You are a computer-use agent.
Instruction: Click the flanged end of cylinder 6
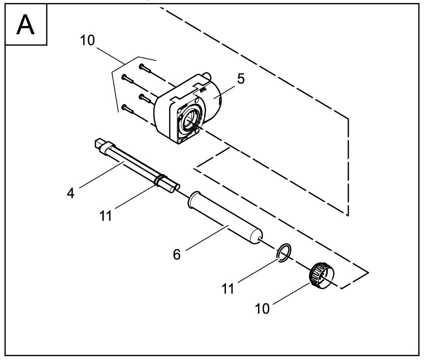click(x=193, y=202)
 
